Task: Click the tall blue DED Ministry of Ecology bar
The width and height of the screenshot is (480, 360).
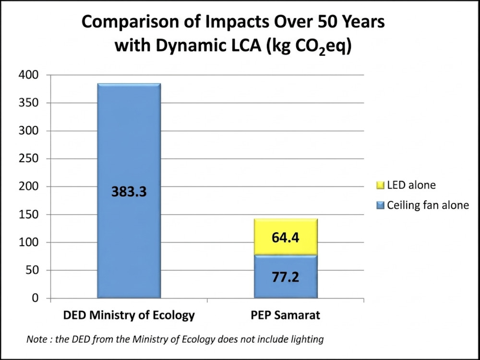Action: click(x=128, y=144)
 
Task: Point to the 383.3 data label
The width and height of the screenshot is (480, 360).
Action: click(x=129, y=192)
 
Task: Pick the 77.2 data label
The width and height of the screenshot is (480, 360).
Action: click(x=285, y=278)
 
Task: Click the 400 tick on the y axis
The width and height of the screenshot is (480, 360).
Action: click(x=30, y=75)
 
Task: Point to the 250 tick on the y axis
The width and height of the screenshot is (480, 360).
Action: click(x=30, y=158)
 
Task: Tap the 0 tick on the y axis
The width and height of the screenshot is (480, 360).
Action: click(x=35, y=298)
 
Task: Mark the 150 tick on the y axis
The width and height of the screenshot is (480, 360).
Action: click(x=30, y=215)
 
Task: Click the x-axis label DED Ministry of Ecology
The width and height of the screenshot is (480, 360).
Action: click(x=129, y=315)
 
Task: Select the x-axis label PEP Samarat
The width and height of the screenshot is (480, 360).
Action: click(x=285, y=315)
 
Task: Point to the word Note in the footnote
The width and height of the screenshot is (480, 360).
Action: click(x=36, y=339)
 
